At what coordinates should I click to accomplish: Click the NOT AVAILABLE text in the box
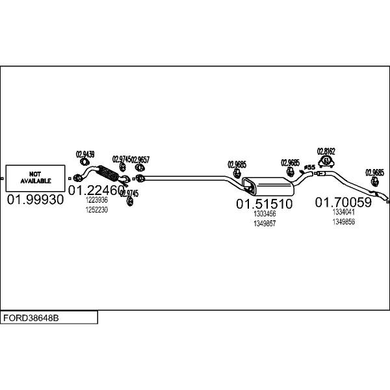(x=34, y=177)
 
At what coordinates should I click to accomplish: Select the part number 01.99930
(x=36, y=200)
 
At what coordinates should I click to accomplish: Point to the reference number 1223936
(x=97, y=201)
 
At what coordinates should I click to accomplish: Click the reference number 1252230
(x=97, y=210)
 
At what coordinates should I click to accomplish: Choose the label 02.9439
(x=85, y=155)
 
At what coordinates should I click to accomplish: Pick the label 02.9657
(x=140, y=159)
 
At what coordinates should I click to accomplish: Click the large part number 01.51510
(x=264, y=204)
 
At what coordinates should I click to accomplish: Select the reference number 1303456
(x=265, y=214)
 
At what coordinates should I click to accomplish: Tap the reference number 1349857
(x=265, y=223)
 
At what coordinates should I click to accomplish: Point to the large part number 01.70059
(x=343, y=203)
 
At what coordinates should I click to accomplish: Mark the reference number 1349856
(x=343, y=222)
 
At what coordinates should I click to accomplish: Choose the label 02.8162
(x=326, y=151)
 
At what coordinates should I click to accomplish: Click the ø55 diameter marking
(x=310, y=168)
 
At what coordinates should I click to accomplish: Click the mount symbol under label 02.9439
(x=77, y=177)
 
